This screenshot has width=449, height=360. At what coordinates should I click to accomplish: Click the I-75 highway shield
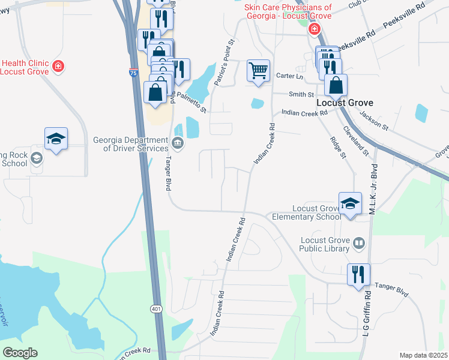(x=133, y=72)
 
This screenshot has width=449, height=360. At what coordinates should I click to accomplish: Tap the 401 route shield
(x=156, y=308)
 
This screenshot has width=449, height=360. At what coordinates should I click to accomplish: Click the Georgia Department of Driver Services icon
(x=178, y=143)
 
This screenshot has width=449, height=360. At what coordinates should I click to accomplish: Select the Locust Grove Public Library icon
(x=359, y=243)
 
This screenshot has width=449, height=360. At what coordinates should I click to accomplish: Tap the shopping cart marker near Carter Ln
(x=258, y=70)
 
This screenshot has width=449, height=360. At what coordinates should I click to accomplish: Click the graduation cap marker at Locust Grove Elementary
(x=350, y=203)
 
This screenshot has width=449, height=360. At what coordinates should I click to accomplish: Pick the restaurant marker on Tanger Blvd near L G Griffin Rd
(x=358, y=275)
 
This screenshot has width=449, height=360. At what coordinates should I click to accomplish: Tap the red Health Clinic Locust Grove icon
(x=58, y=66)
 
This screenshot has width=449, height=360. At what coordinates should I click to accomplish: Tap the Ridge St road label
(x=337, y=147)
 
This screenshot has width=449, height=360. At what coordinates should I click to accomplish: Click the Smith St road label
(x=301, y=95)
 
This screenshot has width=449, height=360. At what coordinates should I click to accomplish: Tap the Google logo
(x=20, y=353)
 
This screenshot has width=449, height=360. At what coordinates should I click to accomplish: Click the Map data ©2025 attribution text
(x=424, y=355)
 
